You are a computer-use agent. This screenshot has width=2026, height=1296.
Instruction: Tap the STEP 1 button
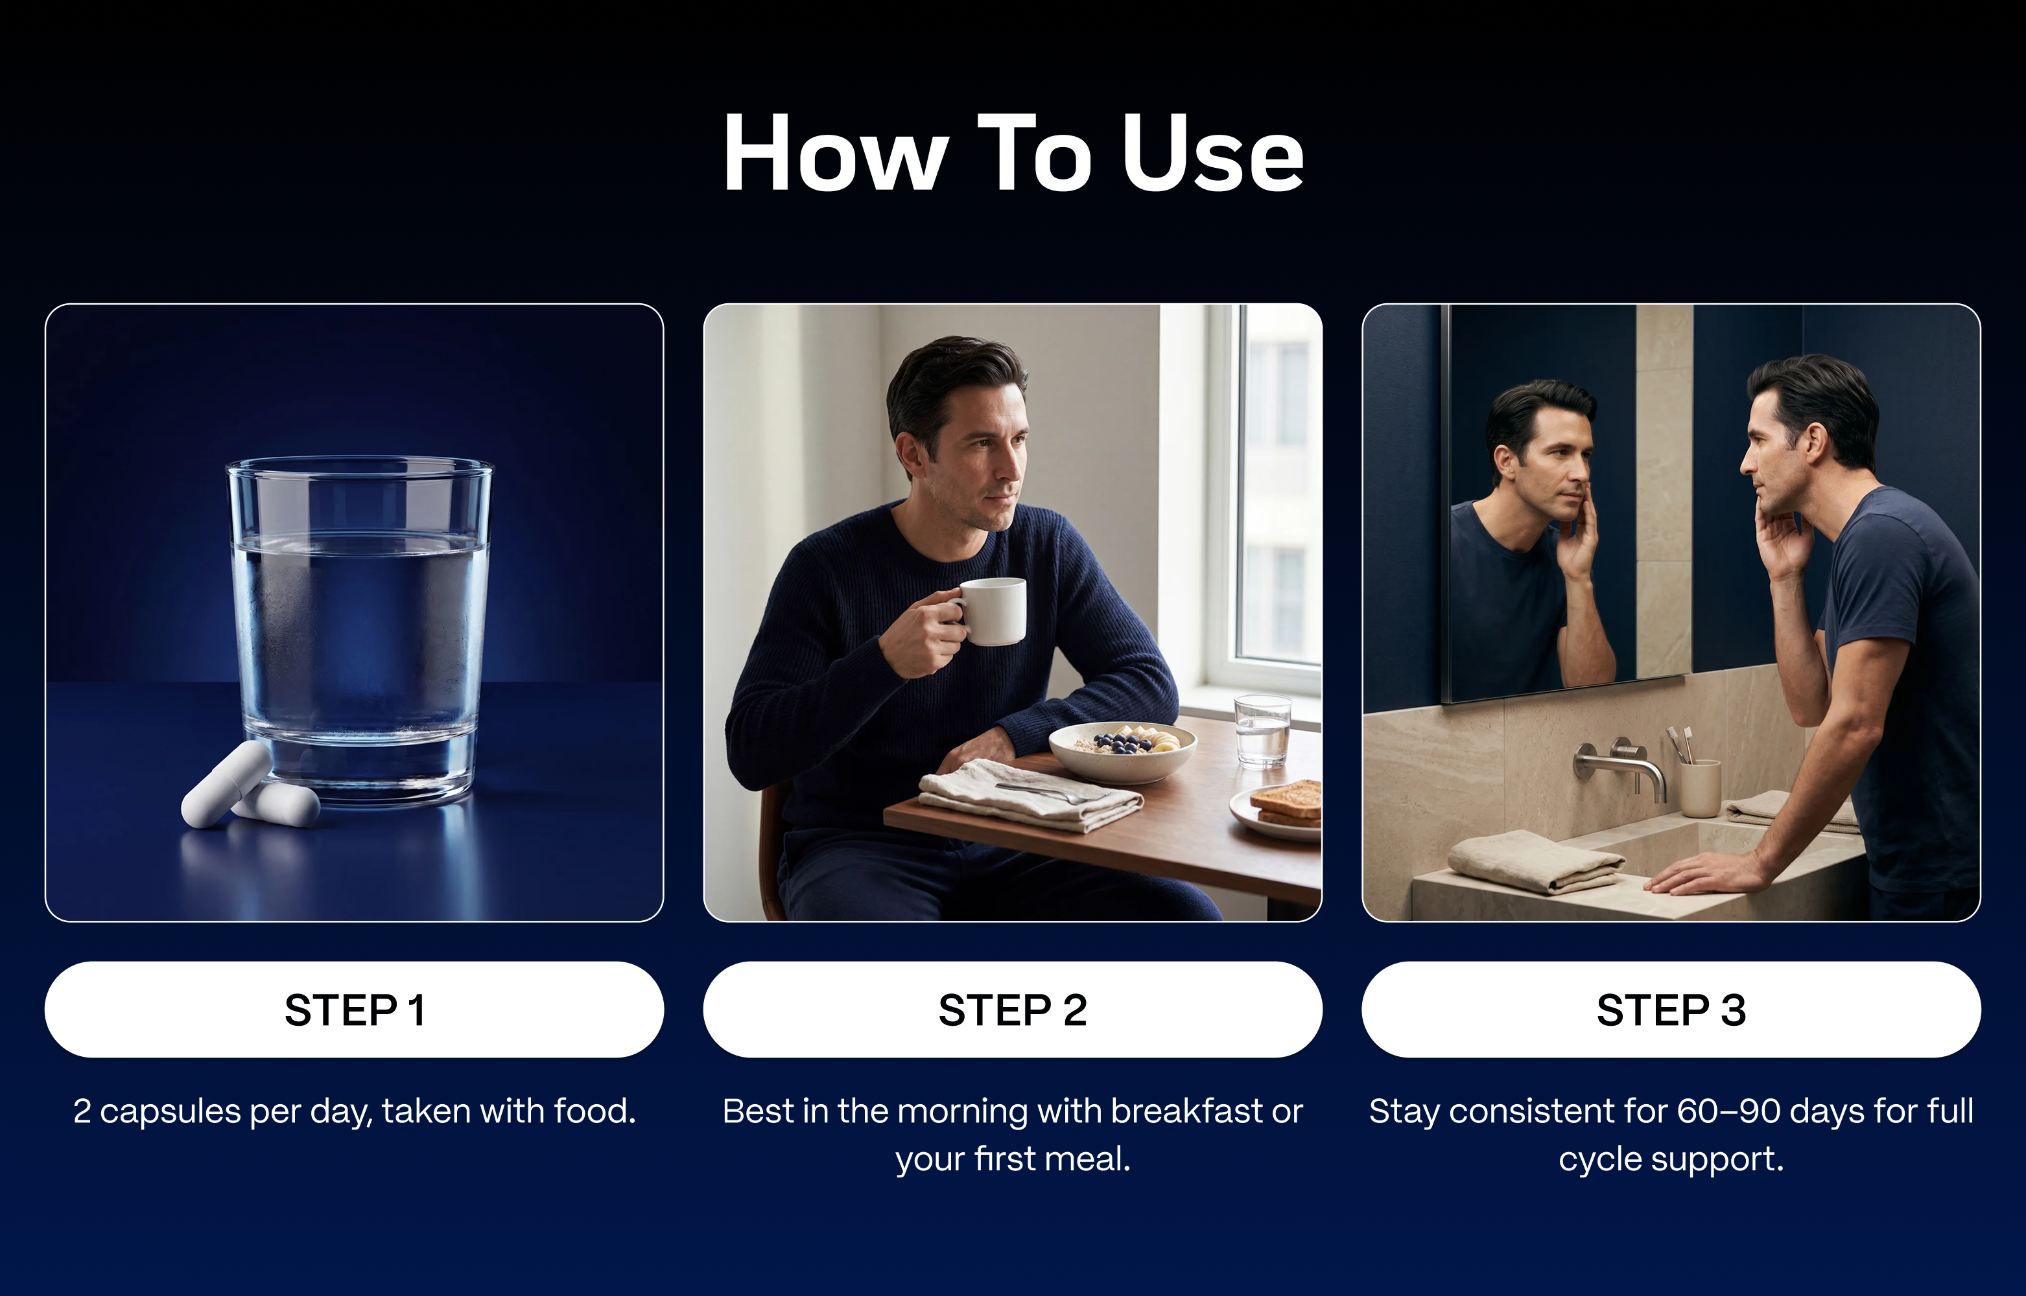point(355,1009)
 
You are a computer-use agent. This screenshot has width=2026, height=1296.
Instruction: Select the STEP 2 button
point(1013,1009)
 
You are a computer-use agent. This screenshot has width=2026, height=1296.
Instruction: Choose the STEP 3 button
point(1671,1009)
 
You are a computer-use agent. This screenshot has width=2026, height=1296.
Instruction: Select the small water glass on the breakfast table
point(1262,730)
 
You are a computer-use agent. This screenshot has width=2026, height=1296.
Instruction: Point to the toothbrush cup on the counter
point(1701,787)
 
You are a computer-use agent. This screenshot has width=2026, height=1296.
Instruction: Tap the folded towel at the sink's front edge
point(1535,860)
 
